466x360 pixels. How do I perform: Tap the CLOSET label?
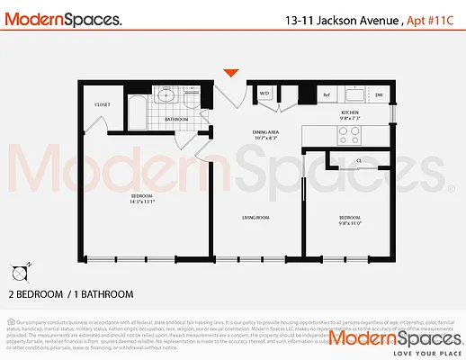pos(103,104)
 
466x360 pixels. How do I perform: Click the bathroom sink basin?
pos(165,94)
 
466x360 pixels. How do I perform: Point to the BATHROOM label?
pos(176,119)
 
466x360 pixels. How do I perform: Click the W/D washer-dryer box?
pos(265,94)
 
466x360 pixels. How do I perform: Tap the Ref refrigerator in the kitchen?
pos(327,94)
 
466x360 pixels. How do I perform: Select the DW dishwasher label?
pos(379,94)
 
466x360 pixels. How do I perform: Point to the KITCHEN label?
pos(349,112)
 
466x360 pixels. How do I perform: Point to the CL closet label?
pos(358,161)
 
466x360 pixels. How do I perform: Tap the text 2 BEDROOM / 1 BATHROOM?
pos(71,293)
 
